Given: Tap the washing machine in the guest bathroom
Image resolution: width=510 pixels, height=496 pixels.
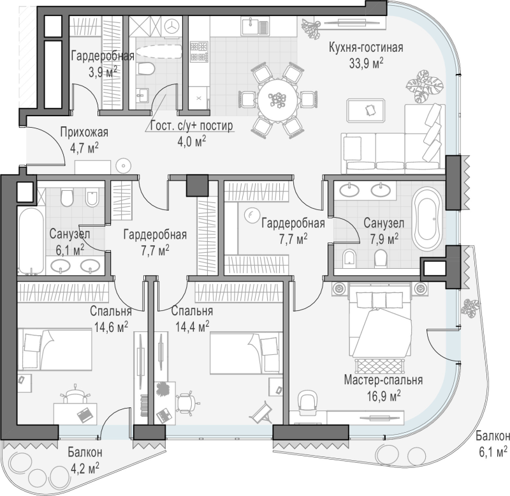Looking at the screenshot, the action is tap(171, 26).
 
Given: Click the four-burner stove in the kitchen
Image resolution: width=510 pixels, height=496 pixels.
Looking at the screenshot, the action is tap(199, 52).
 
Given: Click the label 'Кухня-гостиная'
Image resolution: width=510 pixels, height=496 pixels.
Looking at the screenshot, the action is tap(366, 47).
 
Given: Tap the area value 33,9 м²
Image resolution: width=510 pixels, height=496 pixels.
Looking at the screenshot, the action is tap(366, 63).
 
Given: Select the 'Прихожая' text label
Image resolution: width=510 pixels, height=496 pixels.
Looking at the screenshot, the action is tap(84, 133).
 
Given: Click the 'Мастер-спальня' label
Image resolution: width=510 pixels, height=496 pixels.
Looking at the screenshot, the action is tap(384, 380).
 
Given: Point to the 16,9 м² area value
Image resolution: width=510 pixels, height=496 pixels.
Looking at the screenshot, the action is tap(384, 396).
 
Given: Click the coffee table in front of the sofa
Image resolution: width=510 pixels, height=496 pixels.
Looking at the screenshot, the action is tap(367, 110).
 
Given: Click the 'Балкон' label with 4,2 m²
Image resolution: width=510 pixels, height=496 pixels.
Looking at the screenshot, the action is tap(85, 452).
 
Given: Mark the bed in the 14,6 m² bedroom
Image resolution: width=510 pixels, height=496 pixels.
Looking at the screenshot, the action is tap(55, 349).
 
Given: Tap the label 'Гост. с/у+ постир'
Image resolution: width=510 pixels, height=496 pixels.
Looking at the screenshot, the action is tap(192, 125).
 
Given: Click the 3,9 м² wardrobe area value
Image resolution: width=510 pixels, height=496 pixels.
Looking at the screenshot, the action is tap(103, 71).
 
